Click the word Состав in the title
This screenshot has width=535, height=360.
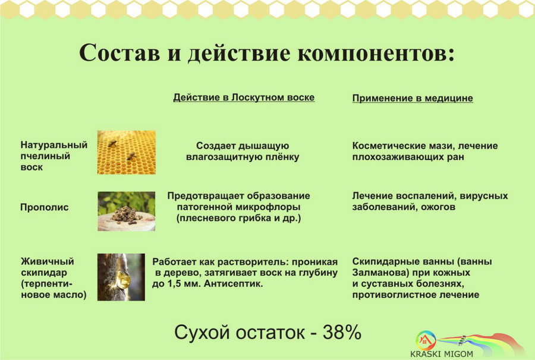[119, 53]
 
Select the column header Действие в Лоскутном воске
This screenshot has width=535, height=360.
[244, 97]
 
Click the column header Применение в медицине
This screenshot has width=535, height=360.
[413, 98]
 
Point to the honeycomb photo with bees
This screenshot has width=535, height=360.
[126, 153]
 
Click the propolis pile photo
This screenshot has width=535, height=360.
[126, 211]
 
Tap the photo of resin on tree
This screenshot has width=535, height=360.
[121, 277]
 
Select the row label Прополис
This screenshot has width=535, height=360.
[45, 207]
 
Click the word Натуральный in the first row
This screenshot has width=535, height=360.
[54, 145]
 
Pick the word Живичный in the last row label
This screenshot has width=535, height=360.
[48, 261]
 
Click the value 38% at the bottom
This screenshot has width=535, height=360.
[342, 332]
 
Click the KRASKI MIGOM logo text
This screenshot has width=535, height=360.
[442, 354]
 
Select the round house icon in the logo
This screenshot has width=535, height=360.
[426, 340]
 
